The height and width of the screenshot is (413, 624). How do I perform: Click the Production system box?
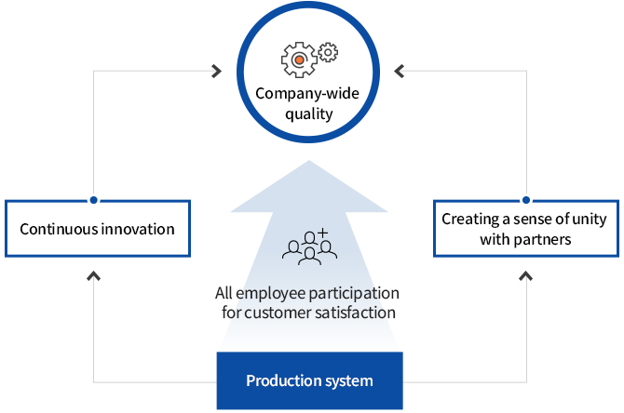309,380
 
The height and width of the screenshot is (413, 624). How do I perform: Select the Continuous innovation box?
97,228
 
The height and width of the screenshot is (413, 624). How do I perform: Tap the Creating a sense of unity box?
525,229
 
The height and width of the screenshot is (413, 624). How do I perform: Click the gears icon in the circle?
308,58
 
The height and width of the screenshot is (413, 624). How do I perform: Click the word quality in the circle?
308,115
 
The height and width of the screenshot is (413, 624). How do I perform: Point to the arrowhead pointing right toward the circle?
216,70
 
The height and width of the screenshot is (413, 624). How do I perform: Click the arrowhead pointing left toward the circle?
400,70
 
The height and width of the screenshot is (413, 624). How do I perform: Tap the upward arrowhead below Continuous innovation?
93,275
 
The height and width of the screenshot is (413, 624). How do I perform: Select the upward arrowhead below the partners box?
525,275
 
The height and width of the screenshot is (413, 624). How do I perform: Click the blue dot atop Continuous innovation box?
93,199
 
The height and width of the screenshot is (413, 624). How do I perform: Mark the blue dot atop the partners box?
525,199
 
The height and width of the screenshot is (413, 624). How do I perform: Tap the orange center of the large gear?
298,60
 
